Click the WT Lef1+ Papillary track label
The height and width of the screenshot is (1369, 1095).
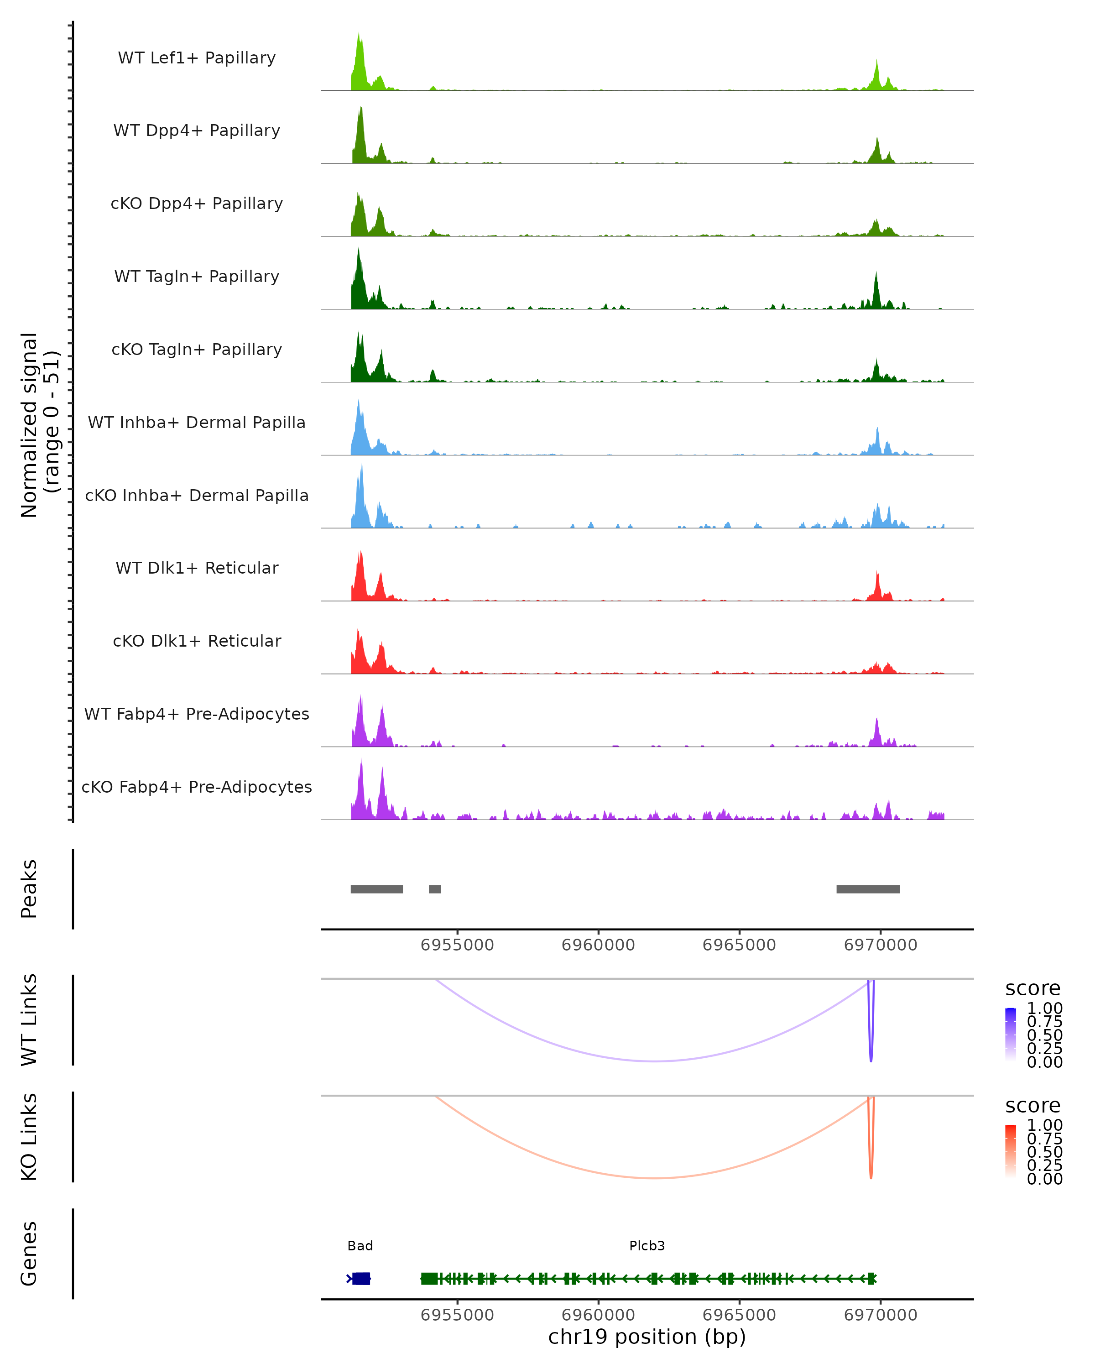(197, 58)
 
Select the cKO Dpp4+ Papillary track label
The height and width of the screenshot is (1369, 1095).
(197, 204)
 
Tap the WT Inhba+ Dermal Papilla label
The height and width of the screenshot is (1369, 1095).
(197, 423)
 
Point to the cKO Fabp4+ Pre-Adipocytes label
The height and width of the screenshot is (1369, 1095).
(197, 787)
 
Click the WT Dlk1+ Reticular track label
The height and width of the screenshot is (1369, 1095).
(197, 568)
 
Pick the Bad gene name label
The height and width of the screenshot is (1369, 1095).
(360, 1246)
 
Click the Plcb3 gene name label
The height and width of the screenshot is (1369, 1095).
(647, 1246)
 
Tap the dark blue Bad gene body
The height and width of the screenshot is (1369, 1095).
(361, 1278)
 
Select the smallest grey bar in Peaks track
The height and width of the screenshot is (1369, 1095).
(435, 889)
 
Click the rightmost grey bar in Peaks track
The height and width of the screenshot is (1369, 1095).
(868, 889)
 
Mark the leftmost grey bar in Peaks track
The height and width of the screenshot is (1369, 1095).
(376, 889)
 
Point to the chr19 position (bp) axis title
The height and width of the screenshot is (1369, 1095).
(647, 1337)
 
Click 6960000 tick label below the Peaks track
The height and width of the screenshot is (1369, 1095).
(598, 946)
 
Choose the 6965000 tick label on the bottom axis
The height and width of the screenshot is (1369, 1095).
(739, 1315)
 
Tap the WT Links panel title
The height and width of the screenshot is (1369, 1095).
(29, 1020)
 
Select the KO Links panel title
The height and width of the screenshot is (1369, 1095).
(29, 1137)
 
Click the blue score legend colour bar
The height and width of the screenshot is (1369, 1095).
(1011, 1034)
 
